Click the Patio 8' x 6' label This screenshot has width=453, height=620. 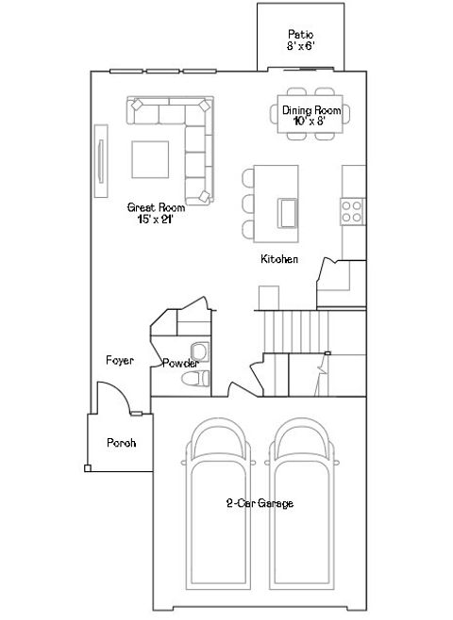[x=300, y=39]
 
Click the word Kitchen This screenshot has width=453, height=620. [x=280, y=259]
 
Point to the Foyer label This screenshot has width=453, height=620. [x=119, y=361]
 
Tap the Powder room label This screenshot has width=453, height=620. [x=179, y=364]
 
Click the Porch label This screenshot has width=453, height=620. [x=120, y=443]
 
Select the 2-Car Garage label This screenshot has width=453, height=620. [x=260, y=504]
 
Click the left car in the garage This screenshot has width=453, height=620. [x=218, y=504]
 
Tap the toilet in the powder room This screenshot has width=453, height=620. [x=197, y=379]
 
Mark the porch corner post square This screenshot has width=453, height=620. [x=87, y=468]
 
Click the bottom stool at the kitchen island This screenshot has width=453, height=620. [x=248, y=229]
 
